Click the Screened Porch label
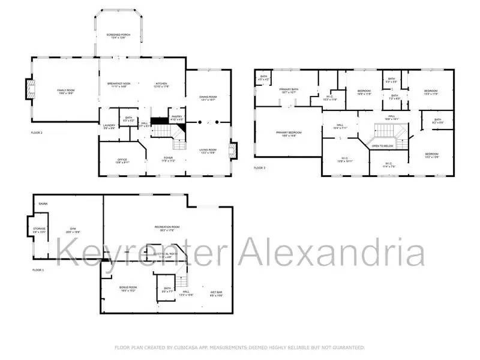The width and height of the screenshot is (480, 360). click(x=118, y=36)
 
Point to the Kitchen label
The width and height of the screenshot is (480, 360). click(x=161, y=85)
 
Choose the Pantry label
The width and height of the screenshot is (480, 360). click(x=176, y=118)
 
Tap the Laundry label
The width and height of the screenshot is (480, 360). click(x=109, y=126)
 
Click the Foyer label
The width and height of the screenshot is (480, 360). click(x=169, y=160)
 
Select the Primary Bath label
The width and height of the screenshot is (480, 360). click(x=289, y=91)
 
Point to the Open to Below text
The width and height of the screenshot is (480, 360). click(x=383, y=146)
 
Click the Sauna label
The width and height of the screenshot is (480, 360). click(x=43, y=204)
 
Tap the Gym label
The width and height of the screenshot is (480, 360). click(x=73, y=230)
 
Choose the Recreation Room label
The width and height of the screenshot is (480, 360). click(x=167, y=227)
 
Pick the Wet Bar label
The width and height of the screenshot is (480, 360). click(x=217, y=293)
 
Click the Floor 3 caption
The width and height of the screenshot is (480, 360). click(x=259, y=168)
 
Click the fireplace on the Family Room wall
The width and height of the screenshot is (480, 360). click(x=29, y=90)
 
